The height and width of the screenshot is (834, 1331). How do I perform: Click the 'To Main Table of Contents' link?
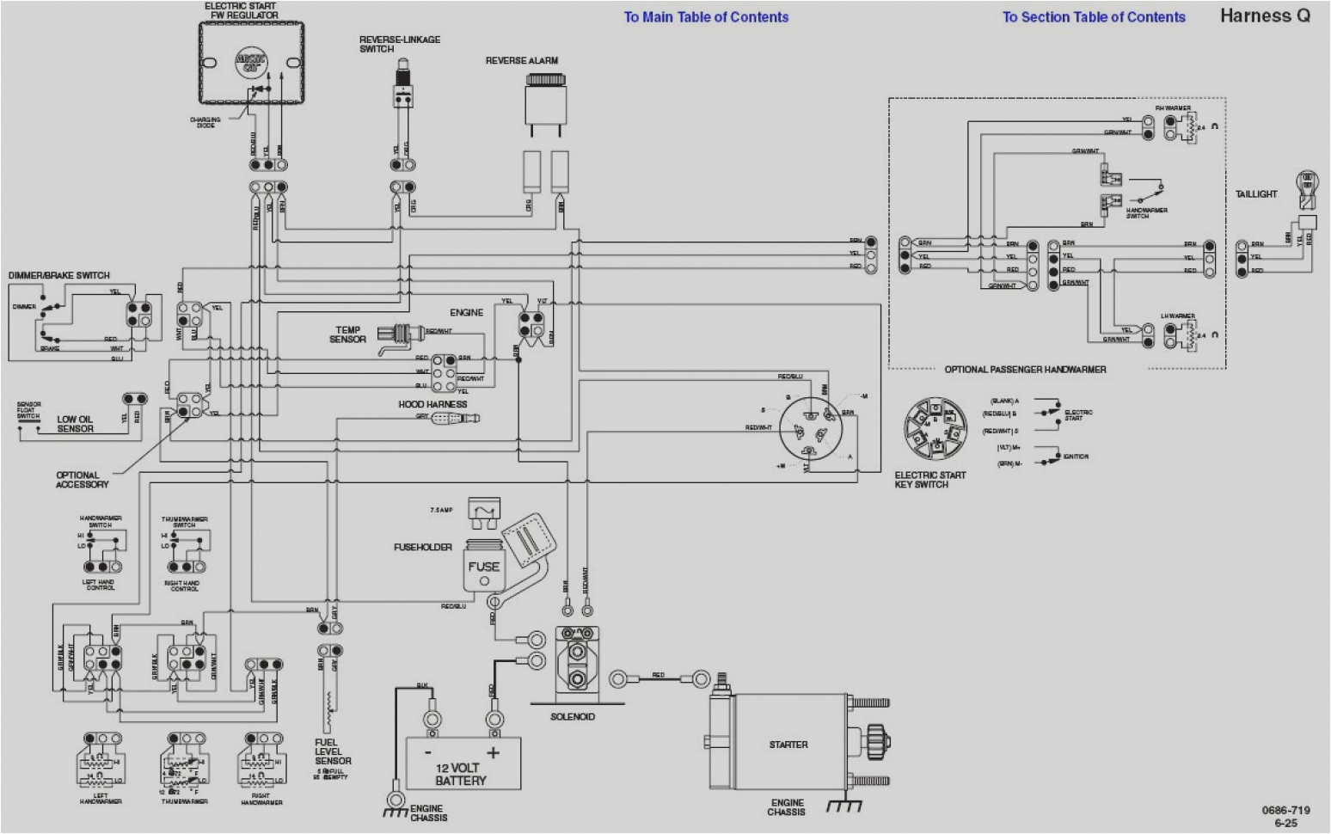706,16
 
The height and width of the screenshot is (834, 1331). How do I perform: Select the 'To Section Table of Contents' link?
1093,16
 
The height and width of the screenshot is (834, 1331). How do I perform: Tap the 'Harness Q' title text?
1264,15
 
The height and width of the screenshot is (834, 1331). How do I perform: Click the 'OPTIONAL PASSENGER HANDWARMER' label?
1025,370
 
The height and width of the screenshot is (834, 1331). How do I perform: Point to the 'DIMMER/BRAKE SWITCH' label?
59,275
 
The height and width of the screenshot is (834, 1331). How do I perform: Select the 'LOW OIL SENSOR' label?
75,424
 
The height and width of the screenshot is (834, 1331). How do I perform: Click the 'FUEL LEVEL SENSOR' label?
333,751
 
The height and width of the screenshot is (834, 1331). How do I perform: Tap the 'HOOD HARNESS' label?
432,404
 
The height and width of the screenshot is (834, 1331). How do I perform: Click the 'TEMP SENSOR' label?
347,334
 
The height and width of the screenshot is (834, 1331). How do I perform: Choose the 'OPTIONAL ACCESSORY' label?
82,480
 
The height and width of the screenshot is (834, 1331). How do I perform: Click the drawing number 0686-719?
1285,810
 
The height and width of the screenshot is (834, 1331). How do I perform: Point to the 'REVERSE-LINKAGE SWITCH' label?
400,44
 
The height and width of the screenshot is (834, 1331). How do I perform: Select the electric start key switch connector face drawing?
929,429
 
